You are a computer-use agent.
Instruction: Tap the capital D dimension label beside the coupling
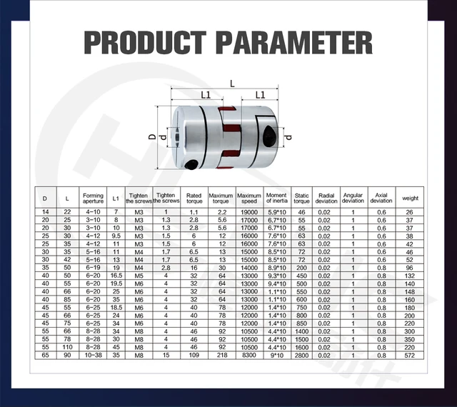(x=152, y=136)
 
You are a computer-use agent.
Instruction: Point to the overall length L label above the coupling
(x=231, y=84)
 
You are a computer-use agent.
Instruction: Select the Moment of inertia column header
(x=276, y=197)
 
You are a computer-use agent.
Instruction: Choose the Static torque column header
(x=301, y=197)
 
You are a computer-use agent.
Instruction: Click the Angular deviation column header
(x=353, y=197)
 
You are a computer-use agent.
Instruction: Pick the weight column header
(x=410, y=197)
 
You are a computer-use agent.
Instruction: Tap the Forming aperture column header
(x=93, y=197)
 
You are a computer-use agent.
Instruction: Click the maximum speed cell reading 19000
(x=249, y=212)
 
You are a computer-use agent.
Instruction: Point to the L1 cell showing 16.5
(x=117, y=274)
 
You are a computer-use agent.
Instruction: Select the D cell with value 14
(x=45, y=212)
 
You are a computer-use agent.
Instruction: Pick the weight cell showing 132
(x=410, y=274)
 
